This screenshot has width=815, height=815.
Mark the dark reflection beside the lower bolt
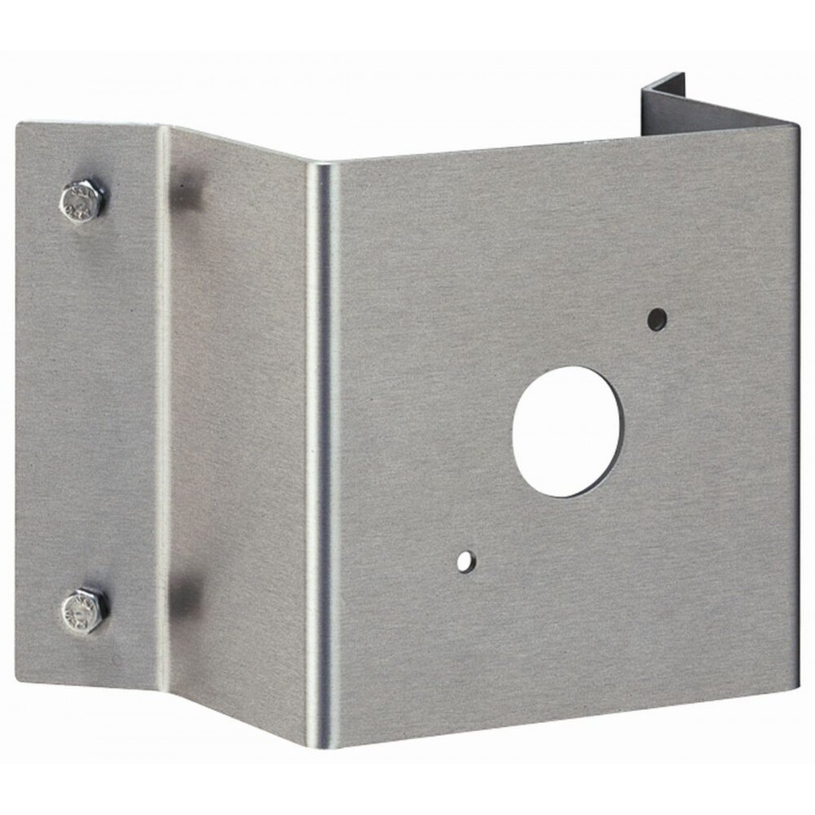pyautogui.click(x=186, y=593)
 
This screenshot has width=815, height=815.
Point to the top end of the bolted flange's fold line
pyautogui.click(x=163, y=129)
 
